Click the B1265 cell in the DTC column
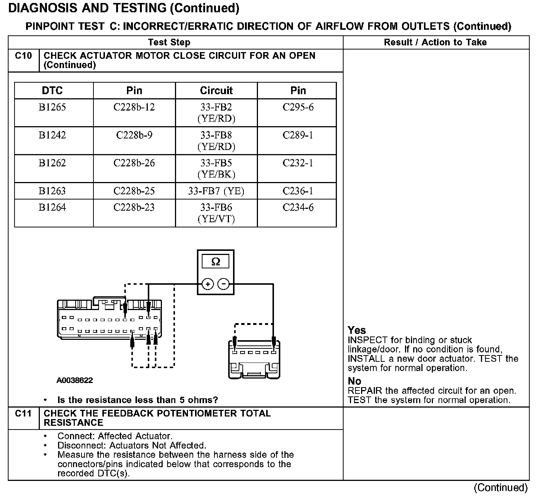point(52,108)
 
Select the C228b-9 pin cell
point(134,135)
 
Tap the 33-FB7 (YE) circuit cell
point(216,191)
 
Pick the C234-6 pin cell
point(298,207)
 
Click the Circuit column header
point(216,90)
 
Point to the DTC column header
point(52,90)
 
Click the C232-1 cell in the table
point(298,163)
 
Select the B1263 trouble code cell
point(52,191)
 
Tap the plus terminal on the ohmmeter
point(208,284)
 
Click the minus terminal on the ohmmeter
point(223,284)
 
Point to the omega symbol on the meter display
point(216,262)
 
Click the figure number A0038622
point(75,380)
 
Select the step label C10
point(23,56)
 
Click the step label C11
point(23,414)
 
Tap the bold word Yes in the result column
point(357,330)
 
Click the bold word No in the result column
point(354,381)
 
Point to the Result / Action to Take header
point(435,42)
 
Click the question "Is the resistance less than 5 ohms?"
point(137,400)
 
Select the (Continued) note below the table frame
point(501,488)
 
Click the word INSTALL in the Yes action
point(366,359)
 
